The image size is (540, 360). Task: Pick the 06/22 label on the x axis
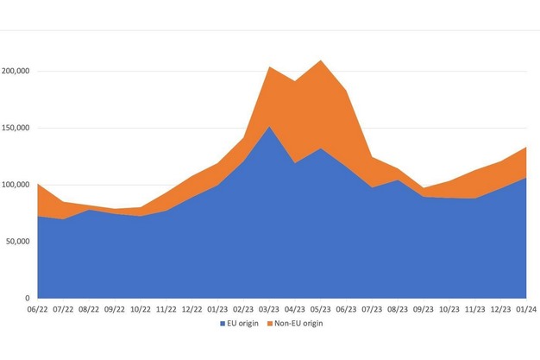pyautogui.click(x=37, y=307)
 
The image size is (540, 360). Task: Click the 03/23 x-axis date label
pyautogui.click(x=269, y=307)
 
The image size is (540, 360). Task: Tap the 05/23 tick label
pyautogui.click(x=321, y=307)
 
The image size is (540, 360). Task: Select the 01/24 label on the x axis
pyautogui.click(x=526, y=307)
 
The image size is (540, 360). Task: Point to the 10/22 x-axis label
pyautogui.click(x=141, y=307)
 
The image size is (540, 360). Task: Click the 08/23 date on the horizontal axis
pyautogui.click(x=398, y=307)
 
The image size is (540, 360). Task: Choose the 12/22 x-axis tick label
pyautogui.click(x=192, y=307)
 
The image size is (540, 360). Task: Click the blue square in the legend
pyautogui.click(x=223, y=325)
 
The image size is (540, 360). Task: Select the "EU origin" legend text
pyautogui.click(x=243, y=325)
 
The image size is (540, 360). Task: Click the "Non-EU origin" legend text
pyautogui.click(x=298, y=325)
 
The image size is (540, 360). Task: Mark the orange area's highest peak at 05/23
pyautogui.click(x=321, y=61)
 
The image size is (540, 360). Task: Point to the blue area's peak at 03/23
pyautogui.click(x=269, y=128)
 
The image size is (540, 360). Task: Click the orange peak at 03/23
pyautogui.click(x=269, y=67)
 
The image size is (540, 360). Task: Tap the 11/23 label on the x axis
pyautogui.click(x=474, y=307)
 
